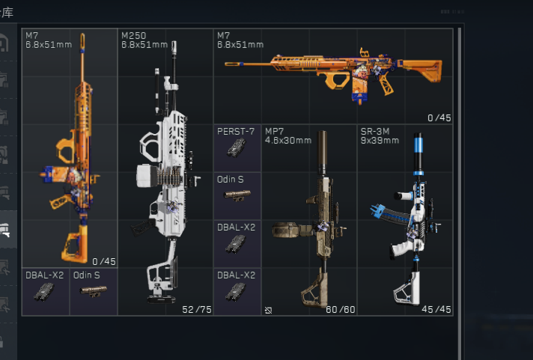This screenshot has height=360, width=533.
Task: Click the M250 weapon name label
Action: (x=133, y=36)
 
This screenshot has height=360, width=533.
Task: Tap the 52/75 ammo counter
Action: (x=197, y=310)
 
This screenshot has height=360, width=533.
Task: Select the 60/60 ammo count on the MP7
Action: (x=341, y=310)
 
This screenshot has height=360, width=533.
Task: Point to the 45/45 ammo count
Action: (x=436, y=309)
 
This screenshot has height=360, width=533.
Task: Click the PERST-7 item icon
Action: (x=237, y=148)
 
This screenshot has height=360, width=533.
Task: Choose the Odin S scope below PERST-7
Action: (x=237, y=195)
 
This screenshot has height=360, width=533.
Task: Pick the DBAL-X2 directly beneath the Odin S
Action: (x=235, y=244)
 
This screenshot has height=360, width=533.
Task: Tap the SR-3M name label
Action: (x=375, y=131)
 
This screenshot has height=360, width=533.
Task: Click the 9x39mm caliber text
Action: (x=380, y=141)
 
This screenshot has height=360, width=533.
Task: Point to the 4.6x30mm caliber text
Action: (x=288, y=141)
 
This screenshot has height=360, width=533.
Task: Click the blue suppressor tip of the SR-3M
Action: (x=418, y=141)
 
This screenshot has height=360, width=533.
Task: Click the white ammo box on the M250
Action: (x=147, y=176)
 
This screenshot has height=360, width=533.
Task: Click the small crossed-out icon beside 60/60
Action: (x=268, y=310)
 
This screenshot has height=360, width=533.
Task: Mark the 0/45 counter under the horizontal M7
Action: (x=439, y=118)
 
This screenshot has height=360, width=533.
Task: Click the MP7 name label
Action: (x=274, y=131)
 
